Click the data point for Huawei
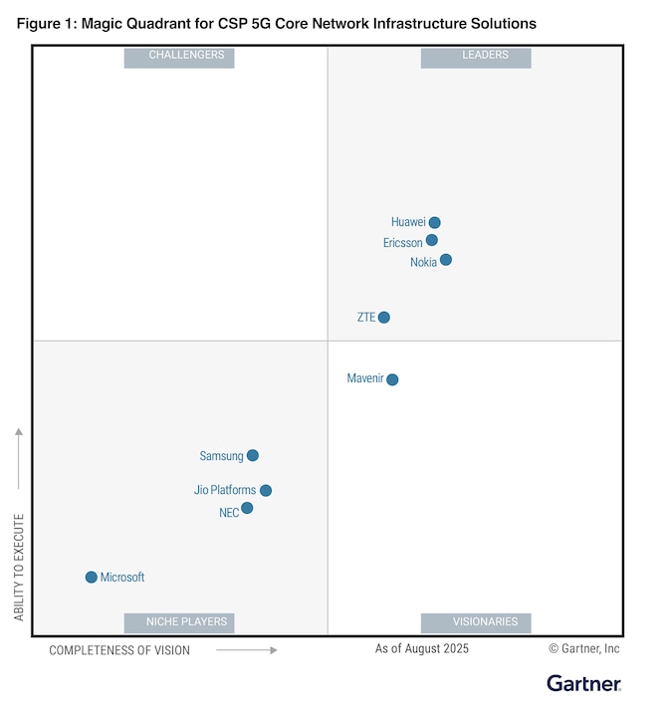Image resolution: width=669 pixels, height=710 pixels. click(x=434, y=223)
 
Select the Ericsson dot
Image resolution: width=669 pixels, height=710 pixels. click(x=432, y=241)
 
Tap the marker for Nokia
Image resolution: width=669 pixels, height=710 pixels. click(x=446, y=260)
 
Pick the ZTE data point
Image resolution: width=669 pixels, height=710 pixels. click(x=384, y=318)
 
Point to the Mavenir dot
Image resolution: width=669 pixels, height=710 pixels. click(x=392, y=379)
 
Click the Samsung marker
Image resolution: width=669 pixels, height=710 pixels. click(x=253, y=456)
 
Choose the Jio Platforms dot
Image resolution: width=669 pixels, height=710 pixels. click(x=266, y=490)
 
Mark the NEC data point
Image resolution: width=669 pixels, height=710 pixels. click(x=247, y=508)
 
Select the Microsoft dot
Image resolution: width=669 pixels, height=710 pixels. click(x=92, y=578)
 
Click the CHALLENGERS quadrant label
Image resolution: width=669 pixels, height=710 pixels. click(x=179, y=57)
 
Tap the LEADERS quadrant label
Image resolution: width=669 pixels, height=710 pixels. click(x=476, y=57)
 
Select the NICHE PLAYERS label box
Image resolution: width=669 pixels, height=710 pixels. click(x=179, y=622)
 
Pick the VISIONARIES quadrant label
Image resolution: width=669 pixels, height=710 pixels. click(x=476, y=622)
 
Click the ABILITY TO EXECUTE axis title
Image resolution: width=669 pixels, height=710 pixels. click(x=19, y=568)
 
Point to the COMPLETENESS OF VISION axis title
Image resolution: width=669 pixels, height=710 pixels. click(x=119, y=650)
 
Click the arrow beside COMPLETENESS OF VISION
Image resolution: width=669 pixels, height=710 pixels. click(x=246, y=650)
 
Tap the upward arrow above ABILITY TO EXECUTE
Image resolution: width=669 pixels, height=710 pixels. click(x=19, y=458)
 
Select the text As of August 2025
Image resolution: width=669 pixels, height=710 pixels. click(x=421, y=648)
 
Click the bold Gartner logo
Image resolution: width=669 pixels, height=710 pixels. click(x=583, y=683)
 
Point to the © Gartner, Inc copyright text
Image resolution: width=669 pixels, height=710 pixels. click(x=583, y=648)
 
